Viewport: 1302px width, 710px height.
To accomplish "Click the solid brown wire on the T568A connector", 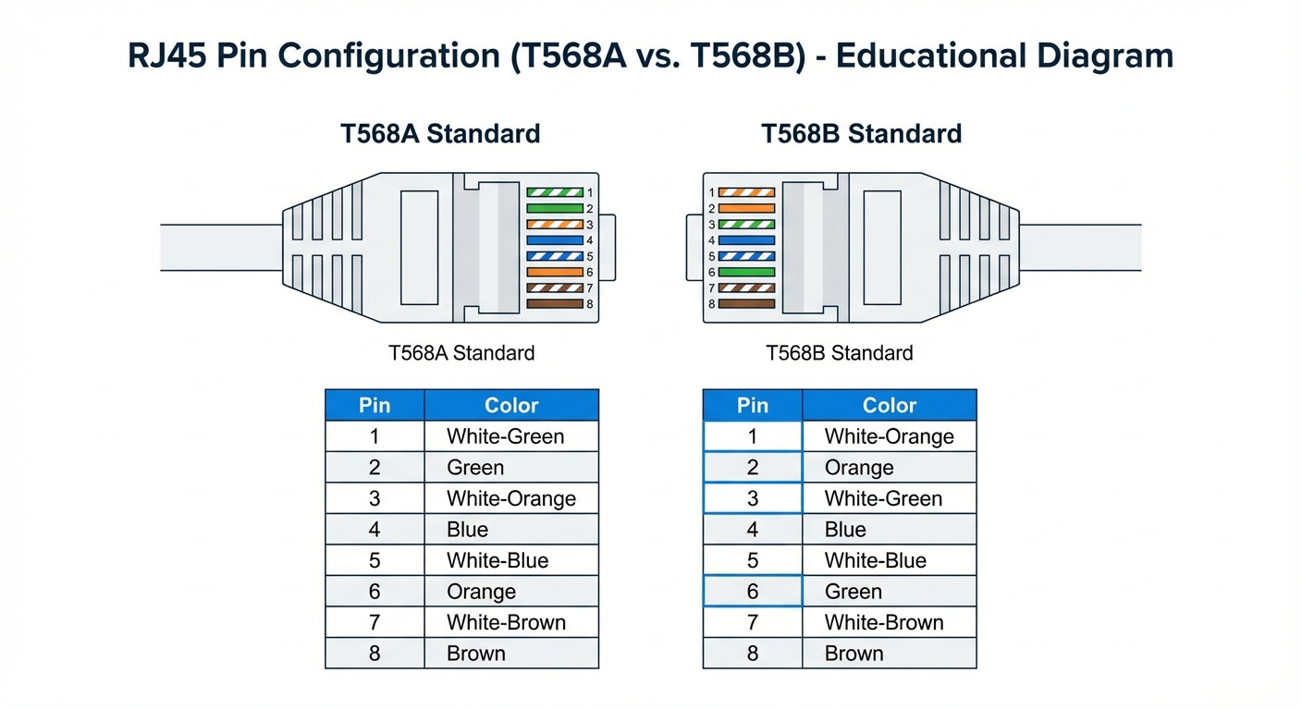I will pos(555,304).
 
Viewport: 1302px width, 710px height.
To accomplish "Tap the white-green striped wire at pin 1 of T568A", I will pos(555,192).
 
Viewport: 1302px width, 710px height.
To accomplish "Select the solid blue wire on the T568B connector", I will pos(746,240).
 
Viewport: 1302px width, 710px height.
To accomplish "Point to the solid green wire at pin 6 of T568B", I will pos(746,273).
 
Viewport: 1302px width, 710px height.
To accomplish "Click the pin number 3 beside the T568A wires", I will pos(589,225).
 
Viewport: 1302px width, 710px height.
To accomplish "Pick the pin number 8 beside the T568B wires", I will pos(712,304).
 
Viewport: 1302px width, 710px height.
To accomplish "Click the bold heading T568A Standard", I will pos(440,134).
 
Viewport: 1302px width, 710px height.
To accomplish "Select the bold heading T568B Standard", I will pos(861,134).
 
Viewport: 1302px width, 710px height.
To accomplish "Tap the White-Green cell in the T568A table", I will pos(505,436).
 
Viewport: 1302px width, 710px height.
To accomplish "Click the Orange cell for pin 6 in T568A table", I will pos(481,592).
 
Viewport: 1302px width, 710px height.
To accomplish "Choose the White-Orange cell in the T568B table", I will pos(889,436).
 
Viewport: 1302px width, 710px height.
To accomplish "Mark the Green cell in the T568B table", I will pos(853,592).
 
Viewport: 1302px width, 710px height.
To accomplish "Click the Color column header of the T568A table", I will pos(511,405).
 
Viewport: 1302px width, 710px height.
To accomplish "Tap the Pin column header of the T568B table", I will pos(752,405).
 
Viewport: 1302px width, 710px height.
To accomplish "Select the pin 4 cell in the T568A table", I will pos(375,530).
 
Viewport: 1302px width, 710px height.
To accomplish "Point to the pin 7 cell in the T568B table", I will pos(752,622).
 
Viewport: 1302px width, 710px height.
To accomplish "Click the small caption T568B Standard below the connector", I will pos(839,353).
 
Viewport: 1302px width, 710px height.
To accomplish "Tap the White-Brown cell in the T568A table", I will pos(506,622).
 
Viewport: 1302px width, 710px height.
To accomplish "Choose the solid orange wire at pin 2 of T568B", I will pos(746,209).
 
